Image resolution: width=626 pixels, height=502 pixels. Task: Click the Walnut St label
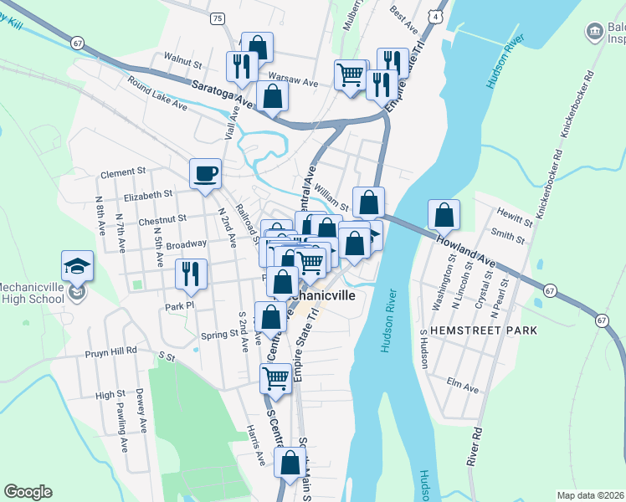click(x=183, y=63)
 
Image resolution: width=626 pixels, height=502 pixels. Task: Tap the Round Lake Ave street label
click(x=158, y=93)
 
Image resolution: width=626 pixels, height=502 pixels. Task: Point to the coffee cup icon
click(x=205, y=174)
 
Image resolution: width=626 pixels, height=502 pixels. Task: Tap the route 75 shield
click(x=218, y=18)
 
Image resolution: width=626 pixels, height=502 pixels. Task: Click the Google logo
click(x=28, y=492)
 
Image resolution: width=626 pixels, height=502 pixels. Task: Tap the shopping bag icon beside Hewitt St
click(x=444, y=214)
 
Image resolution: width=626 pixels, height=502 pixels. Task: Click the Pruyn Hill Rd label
click(x=110, y=352)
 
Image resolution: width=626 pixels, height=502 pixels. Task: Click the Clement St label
click(x=123, y=172)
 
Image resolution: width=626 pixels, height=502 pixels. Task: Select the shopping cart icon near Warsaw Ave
click(x=350, y=74)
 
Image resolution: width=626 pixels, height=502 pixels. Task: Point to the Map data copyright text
click(x=590, y=495)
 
